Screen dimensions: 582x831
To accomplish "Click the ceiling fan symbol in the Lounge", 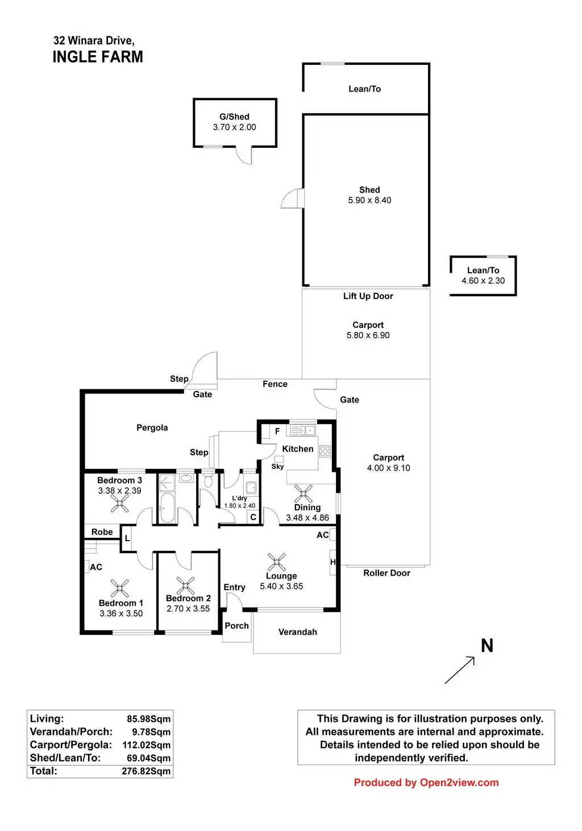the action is (276, 562).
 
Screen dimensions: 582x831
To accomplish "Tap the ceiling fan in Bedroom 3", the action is (119, 504).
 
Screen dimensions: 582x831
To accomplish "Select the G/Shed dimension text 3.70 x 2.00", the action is (234, 127).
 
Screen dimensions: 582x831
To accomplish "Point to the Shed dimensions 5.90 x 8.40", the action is (369, 200).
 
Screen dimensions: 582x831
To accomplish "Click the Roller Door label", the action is (386, 573).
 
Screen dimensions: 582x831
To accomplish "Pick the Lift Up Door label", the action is (368, 296).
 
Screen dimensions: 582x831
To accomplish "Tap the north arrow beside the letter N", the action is (460, 670).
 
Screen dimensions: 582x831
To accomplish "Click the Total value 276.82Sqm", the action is (146, 771).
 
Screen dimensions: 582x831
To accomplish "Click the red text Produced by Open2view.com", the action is (426, 782).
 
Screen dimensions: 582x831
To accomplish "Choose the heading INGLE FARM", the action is (98, 57).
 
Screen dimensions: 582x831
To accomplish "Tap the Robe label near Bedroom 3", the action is (102, 531).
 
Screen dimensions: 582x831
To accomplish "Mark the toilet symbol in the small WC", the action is (209, 480).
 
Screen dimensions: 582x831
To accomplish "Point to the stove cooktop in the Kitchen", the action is (325, 451).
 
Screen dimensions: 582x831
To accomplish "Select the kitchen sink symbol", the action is (303, 430).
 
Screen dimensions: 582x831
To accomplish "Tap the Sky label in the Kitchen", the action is (277, 467).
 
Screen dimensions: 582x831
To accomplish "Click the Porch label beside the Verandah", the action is (236, 625).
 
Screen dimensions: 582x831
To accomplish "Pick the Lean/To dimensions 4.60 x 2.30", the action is (483, 280).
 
